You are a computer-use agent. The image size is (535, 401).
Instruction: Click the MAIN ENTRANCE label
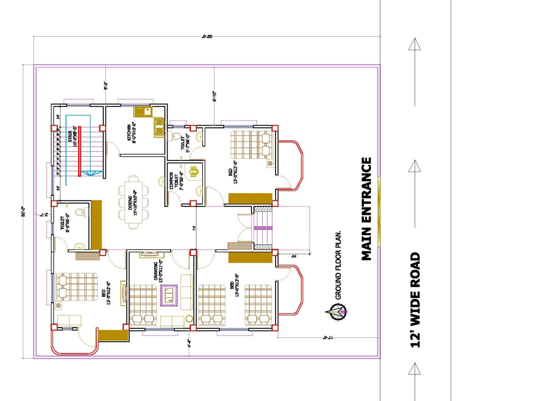pos(366,209)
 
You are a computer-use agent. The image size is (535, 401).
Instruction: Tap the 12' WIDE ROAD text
pos(415,300)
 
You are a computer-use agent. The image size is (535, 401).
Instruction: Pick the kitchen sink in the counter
pos(143,112)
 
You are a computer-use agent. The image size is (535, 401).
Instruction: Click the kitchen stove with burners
pos(159,127)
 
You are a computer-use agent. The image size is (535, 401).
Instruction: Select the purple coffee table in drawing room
pos(170,295)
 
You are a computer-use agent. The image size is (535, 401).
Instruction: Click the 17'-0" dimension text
pos(328,338)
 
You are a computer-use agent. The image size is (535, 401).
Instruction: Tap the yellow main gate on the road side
pos(379,211)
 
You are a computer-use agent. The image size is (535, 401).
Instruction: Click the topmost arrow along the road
pos(415,44)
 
